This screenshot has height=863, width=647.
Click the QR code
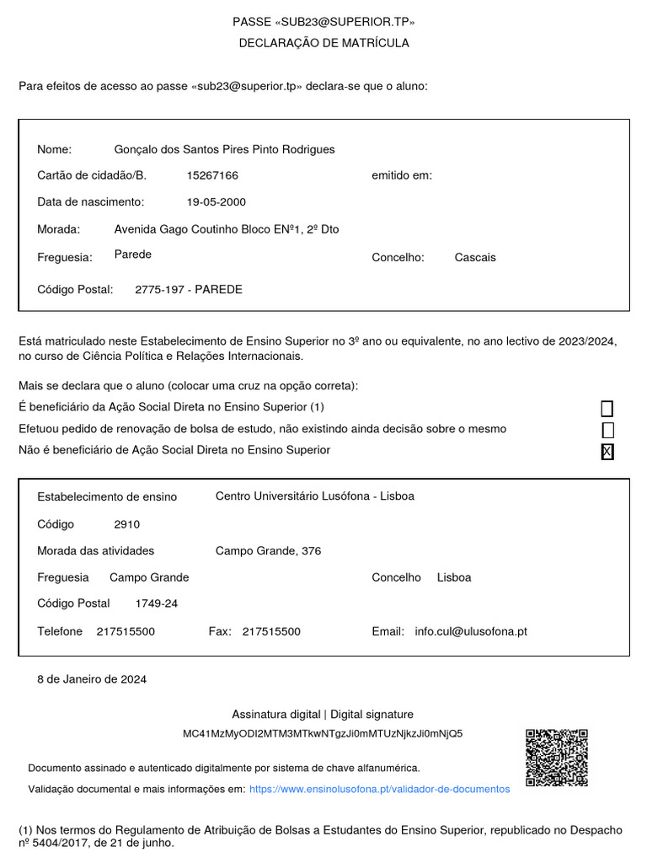click(557, 758)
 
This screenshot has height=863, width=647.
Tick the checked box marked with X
click(607, 452)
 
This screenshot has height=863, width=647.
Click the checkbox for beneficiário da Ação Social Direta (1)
click(607, 409)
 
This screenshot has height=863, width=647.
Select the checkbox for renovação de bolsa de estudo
click(607, 430)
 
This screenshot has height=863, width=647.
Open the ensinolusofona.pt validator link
click(380, 789)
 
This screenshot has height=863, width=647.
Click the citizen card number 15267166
click(212, 175)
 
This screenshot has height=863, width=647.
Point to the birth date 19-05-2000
click(217, 202)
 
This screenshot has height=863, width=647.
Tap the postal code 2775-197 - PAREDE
click(189, 289)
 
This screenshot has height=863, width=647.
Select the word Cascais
click(475, 257)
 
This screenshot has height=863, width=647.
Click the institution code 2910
click(127, 524)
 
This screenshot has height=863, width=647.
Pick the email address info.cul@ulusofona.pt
click(471, 631)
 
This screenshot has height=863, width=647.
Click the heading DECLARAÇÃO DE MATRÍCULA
click(324, 43)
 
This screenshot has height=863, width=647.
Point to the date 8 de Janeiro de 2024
click(92, 679)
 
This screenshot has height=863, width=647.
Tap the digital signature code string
click(323, 733)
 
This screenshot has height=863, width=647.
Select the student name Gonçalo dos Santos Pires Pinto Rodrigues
click(224, 149)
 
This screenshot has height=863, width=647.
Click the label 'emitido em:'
click(402, 175)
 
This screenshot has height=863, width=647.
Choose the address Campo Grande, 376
click(268, 551)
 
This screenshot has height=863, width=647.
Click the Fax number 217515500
click(271, 631)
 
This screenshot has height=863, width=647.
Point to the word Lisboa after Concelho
click(454, 577)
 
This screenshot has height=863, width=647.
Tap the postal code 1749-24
click(157, 603)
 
